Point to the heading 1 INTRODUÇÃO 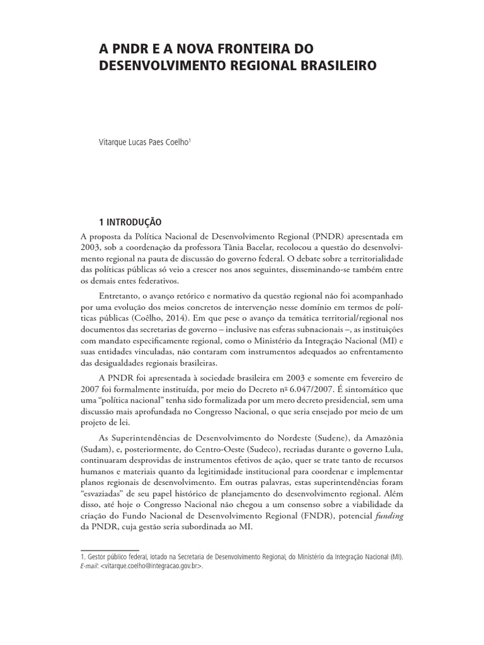click(x=130, y=222)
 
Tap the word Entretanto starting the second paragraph click(x=121, y=295)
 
